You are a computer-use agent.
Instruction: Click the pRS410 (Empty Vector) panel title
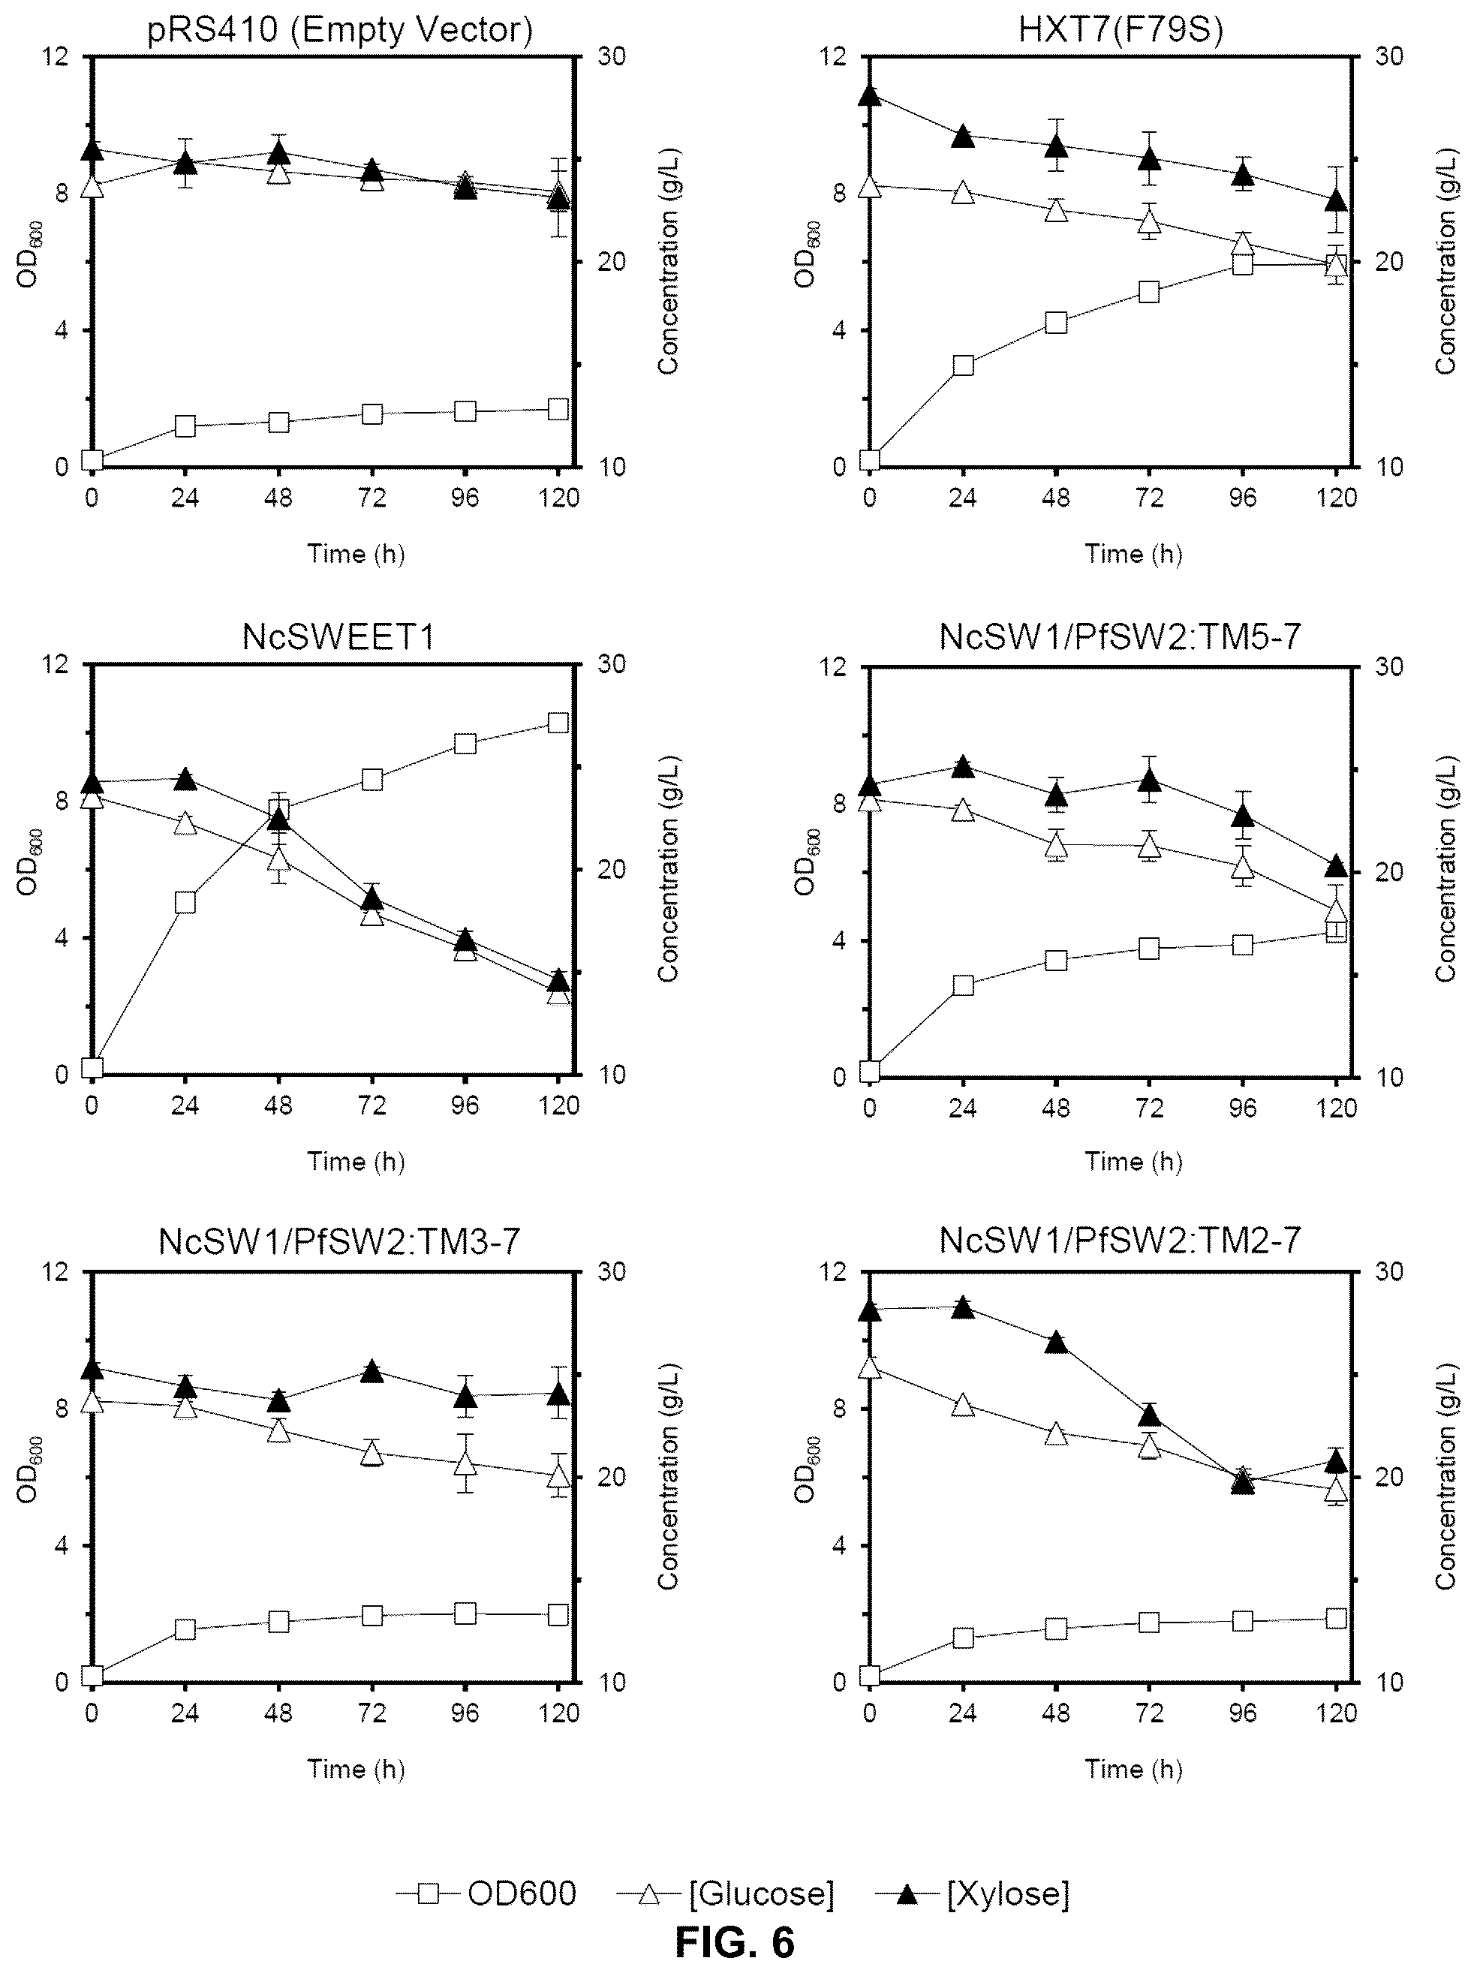(339, 29)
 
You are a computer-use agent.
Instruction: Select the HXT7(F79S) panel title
(1121, 29)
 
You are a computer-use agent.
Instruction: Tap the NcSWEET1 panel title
(339, 637)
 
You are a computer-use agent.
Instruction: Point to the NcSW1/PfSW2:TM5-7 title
(1121, 637)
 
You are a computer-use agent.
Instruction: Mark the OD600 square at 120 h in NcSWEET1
(558, 723)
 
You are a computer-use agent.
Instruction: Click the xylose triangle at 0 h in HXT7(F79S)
(871, 95)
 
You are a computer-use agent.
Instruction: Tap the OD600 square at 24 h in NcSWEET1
(185, 903)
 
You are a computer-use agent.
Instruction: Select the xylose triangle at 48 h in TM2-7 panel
(1056, 1343)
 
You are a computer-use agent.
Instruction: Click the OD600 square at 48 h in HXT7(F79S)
(1056, 323)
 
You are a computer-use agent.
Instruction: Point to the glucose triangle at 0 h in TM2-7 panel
(871, 1367)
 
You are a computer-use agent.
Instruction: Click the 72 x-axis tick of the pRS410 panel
(372, 498)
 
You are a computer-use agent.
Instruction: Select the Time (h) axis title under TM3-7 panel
(356, 1770)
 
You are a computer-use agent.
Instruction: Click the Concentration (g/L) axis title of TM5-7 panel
(1445, 871)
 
